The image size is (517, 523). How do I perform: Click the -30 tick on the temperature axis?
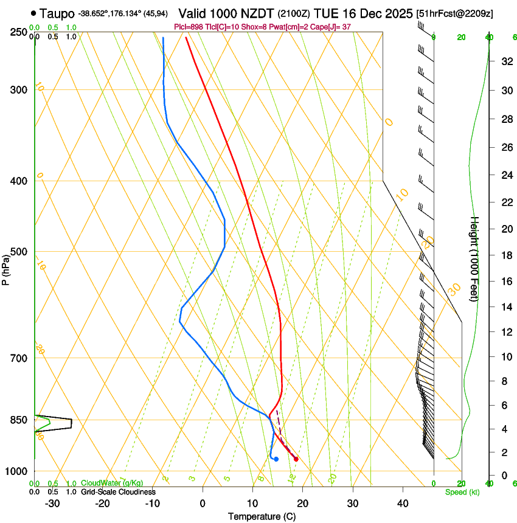click(x=52, y=503)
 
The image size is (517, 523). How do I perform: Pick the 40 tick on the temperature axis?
click(x=403, y=503)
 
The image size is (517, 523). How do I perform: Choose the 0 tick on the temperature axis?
click(x=203, y=503)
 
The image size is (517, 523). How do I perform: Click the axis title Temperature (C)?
click(x=262, y=516)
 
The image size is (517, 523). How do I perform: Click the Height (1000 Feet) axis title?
click(x=475, y=258)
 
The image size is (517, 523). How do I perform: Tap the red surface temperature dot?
click(x=296, y=459)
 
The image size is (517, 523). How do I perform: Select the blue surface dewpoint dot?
click(x=276, y=459)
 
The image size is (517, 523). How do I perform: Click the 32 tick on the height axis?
click(x=505, y=61)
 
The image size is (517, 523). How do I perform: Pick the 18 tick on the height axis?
click(x=505, y=255)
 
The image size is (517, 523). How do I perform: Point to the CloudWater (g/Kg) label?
click(x=112, y=483)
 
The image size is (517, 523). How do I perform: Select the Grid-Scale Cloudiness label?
click(x=118, y=492)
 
